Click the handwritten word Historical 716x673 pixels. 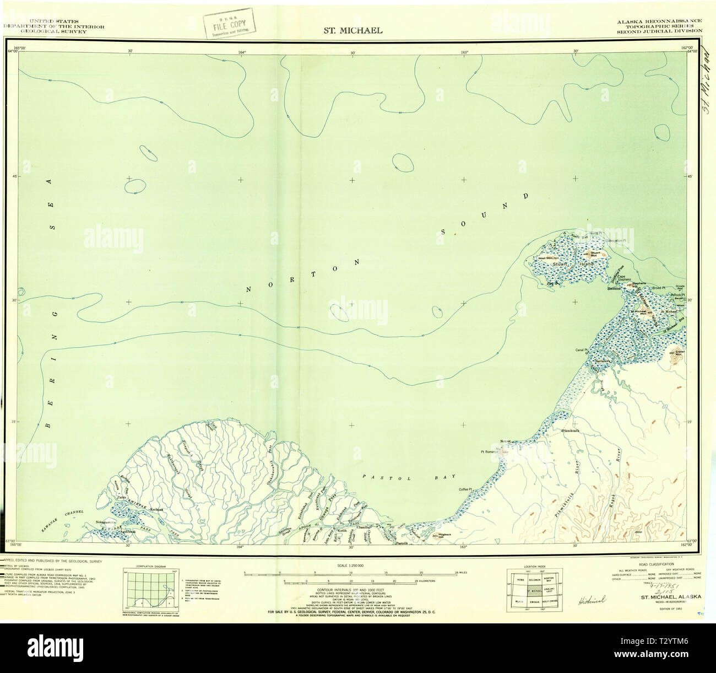coord(591,599)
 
